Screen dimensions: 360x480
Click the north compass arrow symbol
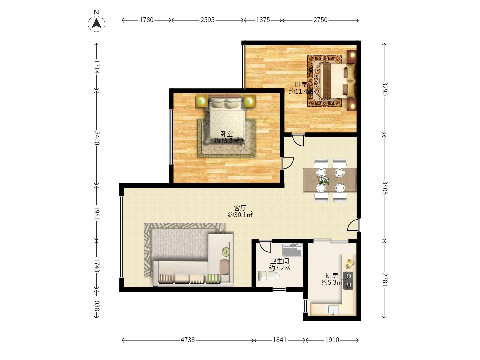(x=96, y=23)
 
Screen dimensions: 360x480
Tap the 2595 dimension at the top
(x=207, y=20)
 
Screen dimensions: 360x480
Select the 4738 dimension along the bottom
(x=188, y=340)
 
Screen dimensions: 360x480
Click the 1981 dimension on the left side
(x=96, y=213)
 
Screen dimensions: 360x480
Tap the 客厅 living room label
(x=240, y=208)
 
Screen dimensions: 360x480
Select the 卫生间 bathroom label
(x=279, y=261)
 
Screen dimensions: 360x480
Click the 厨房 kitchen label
(x=332, y=276)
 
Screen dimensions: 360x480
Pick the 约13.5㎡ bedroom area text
(x=227, y=141)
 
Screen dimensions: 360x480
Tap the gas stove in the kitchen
(x=348, y=280)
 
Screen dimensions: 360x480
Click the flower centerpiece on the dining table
(x=323, y=180)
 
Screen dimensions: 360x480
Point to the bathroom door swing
(x=265, y=246)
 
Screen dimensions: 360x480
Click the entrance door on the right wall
(x=353, y=226)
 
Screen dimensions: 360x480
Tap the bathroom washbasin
(x=292, y=250)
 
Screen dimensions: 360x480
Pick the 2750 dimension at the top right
(x=320, y=20)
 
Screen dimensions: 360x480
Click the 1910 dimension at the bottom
(x=332, y=340)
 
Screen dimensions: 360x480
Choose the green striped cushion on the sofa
(x=213, y=279)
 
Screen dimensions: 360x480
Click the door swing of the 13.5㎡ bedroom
(x=287, y=163)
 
